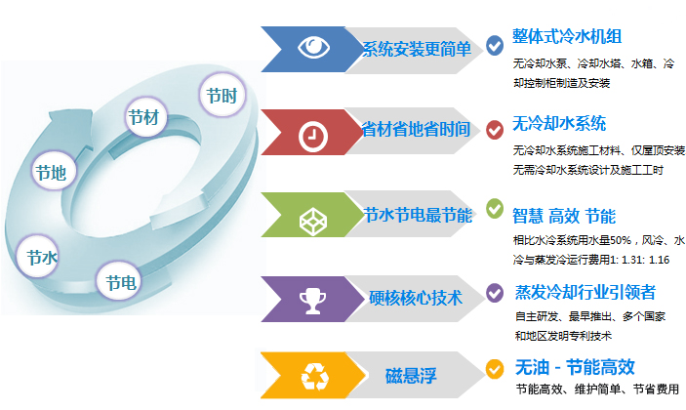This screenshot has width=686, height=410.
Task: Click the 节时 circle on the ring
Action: (222, 95)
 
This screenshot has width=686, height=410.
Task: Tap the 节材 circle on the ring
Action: (145, 117)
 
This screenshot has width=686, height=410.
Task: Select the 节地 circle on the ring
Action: (54, 172)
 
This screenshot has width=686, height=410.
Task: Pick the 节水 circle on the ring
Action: (38, 257)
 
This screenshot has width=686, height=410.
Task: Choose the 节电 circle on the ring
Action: (119, 281)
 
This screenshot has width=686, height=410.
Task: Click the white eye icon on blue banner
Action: (313, 47)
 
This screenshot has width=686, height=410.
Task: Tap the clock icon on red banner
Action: (313, 136)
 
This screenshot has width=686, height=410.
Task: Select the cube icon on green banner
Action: (313, 221)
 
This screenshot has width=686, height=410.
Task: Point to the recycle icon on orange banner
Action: (314, 377)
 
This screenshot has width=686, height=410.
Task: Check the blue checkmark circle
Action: (495, 46)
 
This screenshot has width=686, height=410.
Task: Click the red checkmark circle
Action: (495, 130)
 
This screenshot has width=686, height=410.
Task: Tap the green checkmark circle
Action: (495, 209)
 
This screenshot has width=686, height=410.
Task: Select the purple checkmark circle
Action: (495, 293)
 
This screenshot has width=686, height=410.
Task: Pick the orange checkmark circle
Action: (495, 369)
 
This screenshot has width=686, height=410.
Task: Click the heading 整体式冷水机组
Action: (567, 36)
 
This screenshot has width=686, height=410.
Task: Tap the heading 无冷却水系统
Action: (559, 123)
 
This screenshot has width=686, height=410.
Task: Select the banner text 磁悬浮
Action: (411, 376)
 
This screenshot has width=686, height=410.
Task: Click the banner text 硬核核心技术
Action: (416, 298)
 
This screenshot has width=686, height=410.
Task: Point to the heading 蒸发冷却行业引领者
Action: (585, 292)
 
